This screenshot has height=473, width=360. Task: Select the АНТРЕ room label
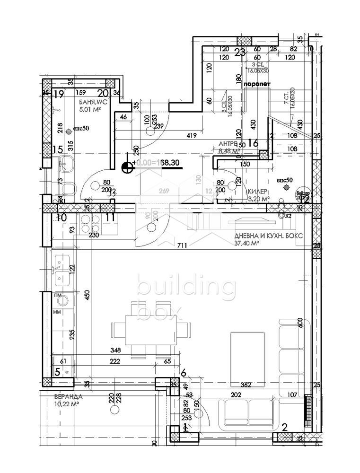pyautogui.click(x=228, y=144)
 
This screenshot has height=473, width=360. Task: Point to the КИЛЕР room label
pyautogui.click(x=258, y=192)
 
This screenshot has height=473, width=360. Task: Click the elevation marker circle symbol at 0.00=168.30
pyautogui.click(x=127, y=166)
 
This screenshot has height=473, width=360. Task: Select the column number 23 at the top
pyautogui.click(x=240, y=53)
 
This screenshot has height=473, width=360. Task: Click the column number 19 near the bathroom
pyautogui.click(x=59, y=94)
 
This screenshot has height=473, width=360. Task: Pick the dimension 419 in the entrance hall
pyautogui.click(x=192, y=136)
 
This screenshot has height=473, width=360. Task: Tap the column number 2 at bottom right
pyautogui.click(x=284, y=427)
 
